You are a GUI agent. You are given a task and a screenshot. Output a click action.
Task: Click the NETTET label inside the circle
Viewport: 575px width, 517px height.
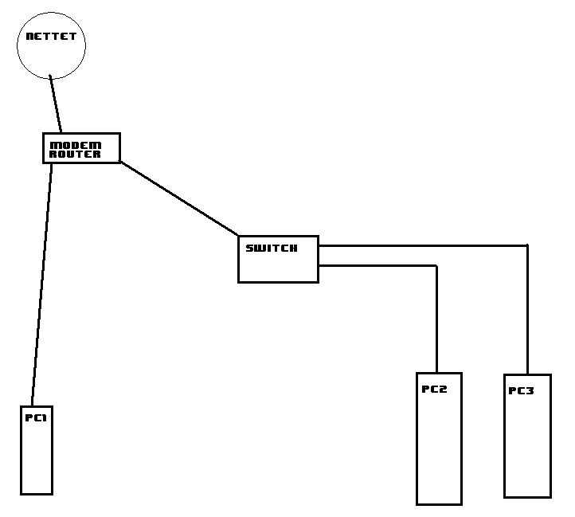(x=51, y=36)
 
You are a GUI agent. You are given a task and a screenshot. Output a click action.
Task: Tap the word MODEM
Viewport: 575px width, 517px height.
(x=75, y=145)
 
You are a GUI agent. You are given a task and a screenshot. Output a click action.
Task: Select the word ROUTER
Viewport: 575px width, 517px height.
(x=75, y=154)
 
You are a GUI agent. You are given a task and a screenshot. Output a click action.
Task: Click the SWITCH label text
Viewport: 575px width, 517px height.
(x=272, y=248)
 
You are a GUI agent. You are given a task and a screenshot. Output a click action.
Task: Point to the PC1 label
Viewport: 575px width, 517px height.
(x=36, y=417)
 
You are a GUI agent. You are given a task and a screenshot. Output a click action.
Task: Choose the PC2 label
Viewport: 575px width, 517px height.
(x=434, y=389)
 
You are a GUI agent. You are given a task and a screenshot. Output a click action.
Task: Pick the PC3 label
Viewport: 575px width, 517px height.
(x=521, y=391)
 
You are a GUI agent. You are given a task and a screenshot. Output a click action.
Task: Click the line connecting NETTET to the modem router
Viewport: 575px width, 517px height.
(x=56, y=104)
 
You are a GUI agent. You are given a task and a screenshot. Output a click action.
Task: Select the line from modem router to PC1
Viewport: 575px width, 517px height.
(x=41, y=284)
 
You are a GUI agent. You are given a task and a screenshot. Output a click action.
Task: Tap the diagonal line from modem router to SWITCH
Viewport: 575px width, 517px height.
(x=179, y=198)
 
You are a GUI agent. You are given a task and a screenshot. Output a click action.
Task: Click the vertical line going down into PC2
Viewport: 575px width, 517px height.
(x=436, y=319)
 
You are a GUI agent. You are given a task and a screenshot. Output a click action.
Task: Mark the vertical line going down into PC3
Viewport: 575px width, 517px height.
(x=527, y=310)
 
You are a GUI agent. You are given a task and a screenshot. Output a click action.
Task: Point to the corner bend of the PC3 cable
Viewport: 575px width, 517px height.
(x=527, y=245)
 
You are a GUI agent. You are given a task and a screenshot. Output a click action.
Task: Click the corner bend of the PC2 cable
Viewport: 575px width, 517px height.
(x=436, y=265)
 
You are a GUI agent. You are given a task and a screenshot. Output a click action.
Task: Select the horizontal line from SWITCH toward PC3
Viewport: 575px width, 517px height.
(x=423, y=245)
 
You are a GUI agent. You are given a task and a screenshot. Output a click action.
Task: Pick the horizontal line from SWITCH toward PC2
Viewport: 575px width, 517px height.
(x=377, y=265)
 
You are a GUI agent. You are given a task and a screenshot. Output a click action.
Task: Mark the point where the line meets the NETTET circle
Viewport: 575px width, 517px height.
(x=50, y=76)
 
